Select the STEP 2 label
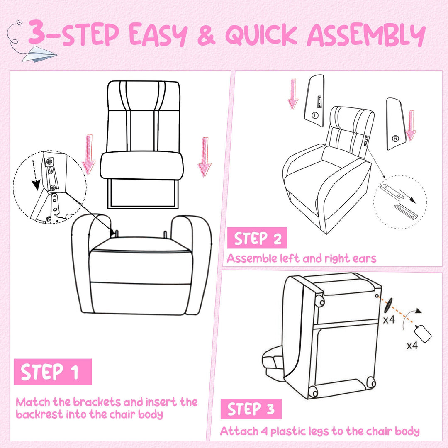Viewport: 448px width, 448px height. point(257,239)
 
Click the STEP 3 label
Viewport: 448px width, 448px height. point(251,409)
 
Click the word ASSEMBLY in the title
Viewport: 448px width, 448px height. point(365,36)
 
